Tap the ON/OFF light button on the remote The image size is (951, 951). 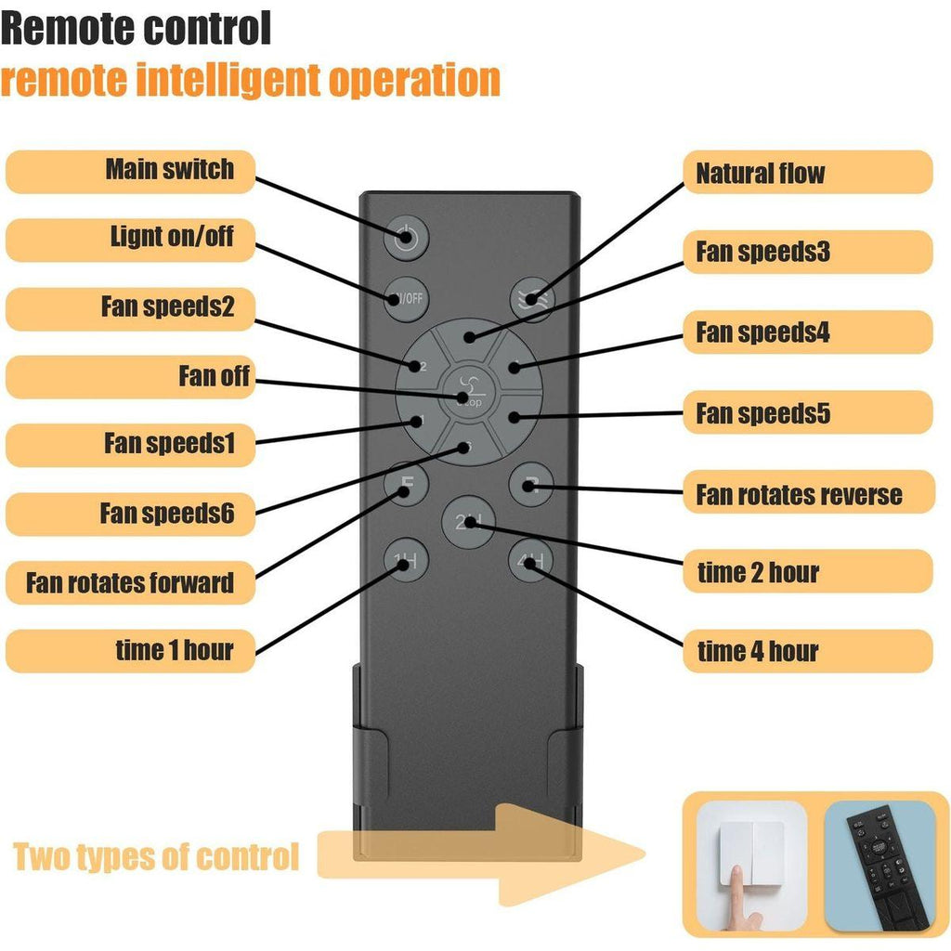406,298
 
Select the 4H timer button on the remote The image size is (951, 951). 530,561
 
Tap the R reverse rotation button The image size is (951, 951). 530,484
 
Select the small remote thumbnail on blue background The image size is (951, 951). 879,865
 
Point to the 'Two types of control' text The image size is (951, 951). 156,856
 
